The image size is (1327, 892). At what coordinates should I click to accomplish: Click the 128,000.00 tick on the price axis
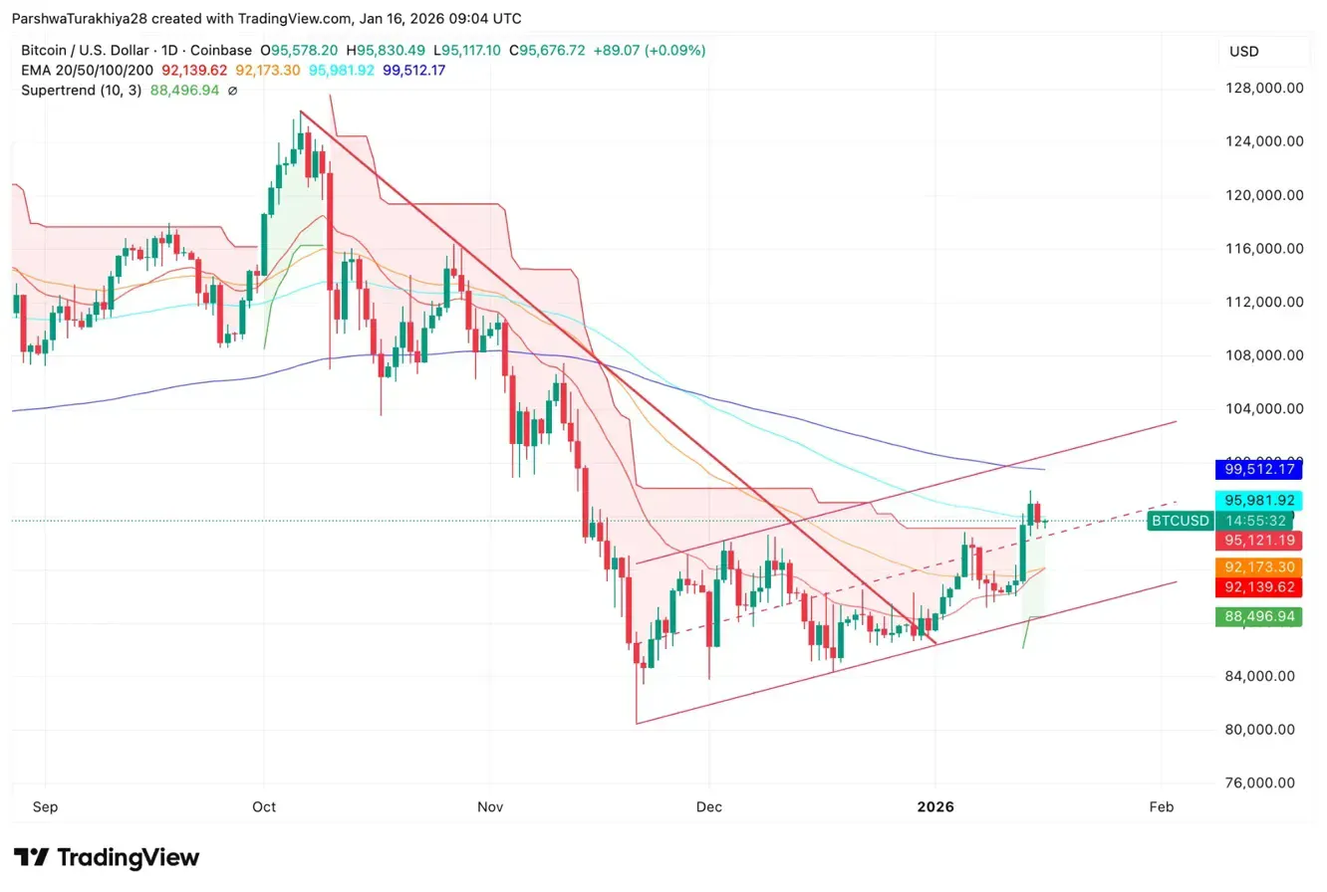pyautogui.click(x=1264, y=88)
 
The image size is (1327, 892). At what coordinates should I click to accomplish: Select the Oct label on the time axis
pyautogui.click(x=264, y=806)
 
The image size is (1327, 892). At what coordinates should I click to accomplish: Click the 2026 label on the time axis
pyautogui.click(x=933, y=806)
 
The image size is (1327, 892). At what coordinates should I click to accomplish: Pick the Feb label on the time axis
pyautogui.click(x=1161, y=806)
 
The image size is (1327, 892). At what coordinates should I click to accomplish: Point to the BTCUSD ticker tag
pyautogui.click(x=1181, y=521)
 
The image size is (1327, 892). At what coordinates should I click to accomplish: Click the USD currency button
pyautogui.click(x=1263, y=51)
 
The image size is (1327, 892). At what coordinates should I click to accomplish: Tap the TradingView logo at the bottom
pyautogui.click(x=107, y=858)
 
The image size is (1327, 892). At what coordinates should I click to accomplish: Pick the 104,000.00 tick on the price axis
pyautogui.click(x=1264, y=408)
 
